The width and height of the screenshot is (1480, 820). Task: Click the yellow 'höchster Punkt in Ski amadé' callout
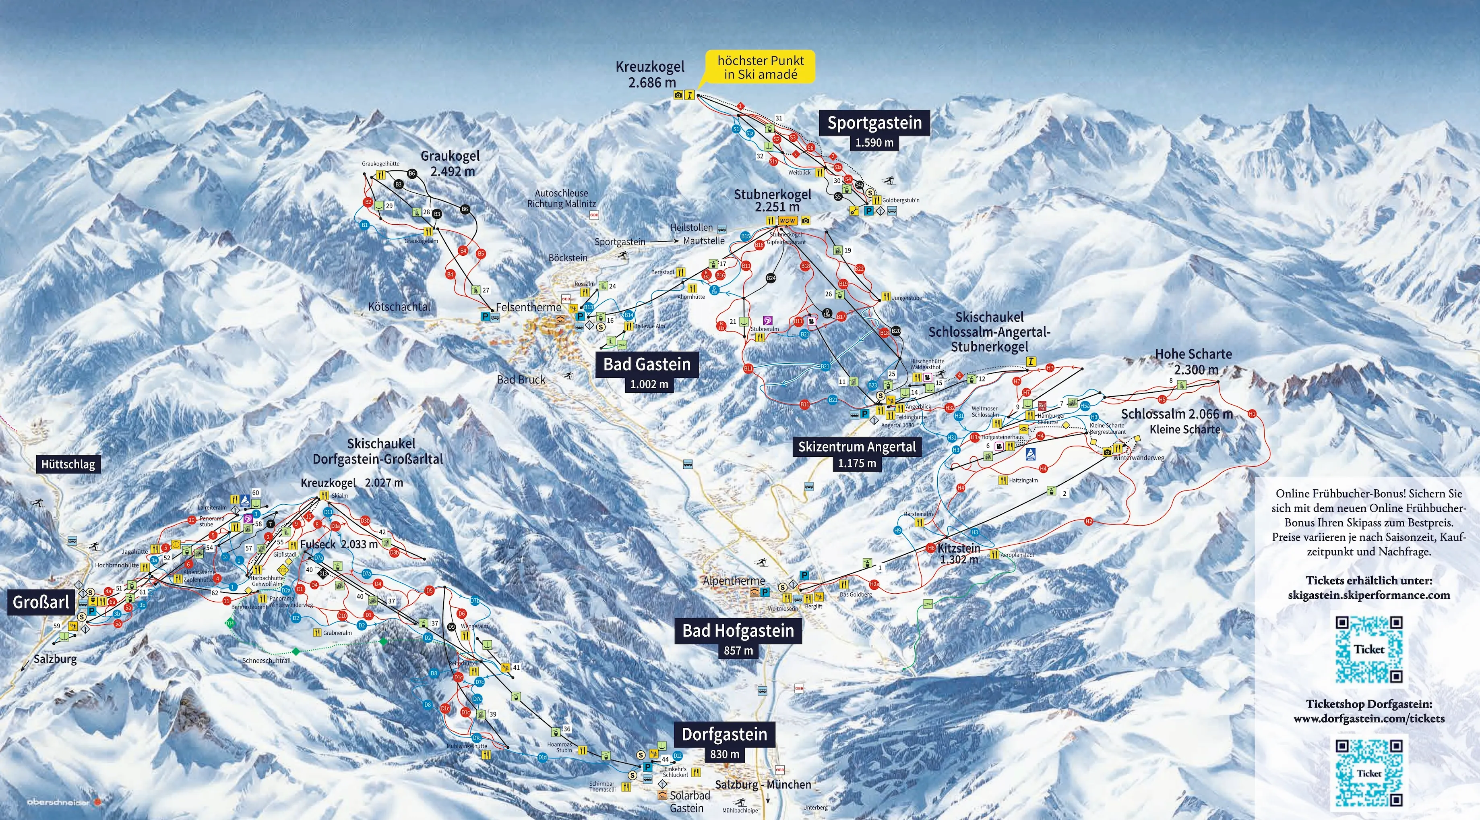pyautogui.click(x=760, y=68)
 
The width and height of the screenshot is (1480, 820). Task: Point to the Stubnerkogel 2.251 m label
pyautogui.click(x=773, y=201)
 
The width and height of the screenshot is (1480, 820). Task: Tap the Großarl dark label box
pyautogui.click(x=41, y=602)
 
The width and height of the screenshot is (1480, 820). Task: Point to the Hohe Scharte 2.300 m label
pyautogui.click(x=1193, y=361)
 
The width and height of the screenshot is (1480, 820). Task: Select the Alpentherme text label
pyautogui.click(x=734, y=580)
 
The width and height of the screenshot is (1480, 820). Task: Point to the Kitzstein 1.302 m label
pyautogui.click(x=958, y=553)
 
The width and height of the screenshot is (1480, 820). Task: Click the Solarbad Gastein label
pyautogui.click(x=689, y=801)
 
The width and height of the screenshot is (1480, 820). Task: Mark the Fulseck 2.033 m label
pyautogui.click(x=339, y=544)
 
